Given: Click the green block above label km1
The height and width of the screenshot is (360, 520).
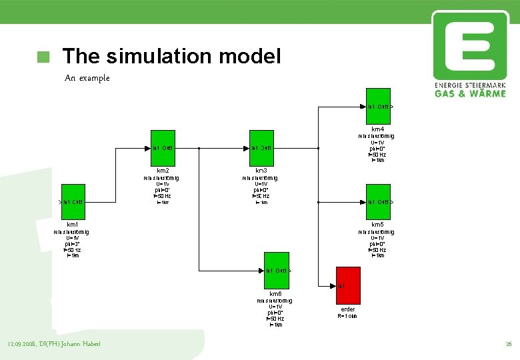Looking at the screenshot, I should (73, 201).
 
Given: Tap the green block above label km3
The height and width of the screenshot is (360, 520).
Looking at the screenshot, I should (261, 147).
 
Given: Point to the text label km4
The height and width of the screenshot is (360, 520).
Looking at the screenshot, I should (377, 129).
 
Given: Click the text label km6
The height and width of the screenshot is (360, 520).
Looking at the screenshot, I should (275, 294).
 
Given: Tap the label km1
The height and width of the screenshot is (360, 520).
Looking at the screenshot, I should (73, 225).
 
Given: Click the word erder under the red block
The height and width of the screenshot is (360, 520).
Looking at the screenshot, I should (348, 309).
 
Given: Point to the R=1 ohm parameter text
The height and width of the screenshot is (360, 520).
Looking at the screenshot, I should (348, 317).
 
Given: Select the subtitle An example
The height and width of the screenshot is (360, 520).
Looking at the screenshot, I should (87, 78).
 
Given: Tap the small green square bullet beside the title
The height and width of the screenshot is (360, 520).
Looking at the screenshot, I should (44, 57).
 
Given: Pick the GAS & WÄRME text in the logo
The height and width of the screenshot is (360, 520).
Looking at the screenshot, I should (470, 93).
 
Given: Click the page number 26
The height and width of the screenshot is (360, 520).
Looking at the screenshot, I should (509, 344).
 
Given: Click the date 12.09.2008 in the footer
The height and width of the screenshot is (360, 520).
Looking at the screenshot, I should (20, 344).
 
